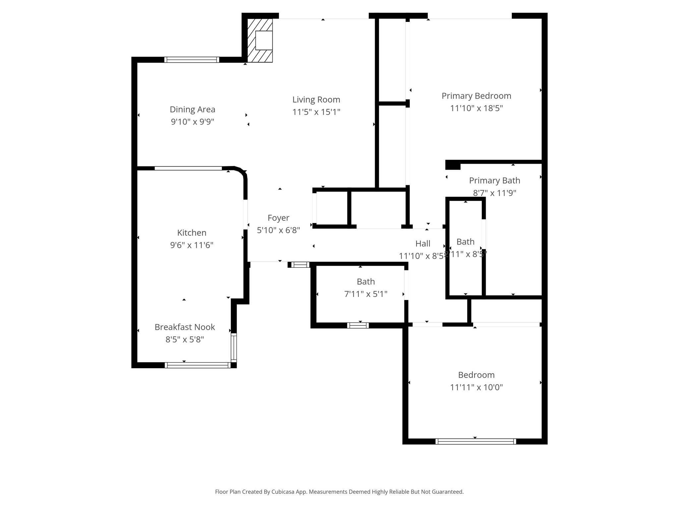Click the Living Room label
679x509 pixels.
click(x=316, y=99)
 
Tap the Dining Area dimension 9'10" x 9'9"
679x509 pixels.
click(x=192, y=122)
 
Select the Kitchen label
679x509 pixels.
click(x=192, y=233)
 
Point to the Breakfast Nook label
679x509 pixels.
click(x=185, y=327)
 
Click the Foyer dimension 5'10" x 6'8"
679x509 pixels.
click(x=278, y=230)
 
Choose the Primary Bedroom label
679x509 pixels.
click(x=476, y=96)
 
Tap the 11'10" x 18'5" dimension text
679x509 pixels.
click(x=476, y=108)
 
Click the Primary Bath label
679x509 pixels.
click(x=494, y=181)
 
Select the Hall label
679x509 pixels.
click(x=423, y=244)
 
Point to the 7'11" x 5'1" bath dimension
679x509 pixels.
click(x=366, y=294)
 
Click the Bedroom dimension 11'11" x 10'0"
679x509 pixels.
click(x=476, y=387)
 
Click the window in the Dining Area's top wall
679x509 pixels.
click(x=192, y=60)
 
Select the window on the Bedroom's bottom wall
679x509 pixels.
click(x=475, y=441)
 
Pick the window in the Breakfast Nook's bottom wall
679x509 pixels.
click(x=198, y=365)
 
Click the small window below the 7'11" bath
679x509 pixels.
click(x=358, y=325)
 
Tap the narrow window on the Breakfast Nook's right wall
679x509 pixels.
click(x=234, y=348)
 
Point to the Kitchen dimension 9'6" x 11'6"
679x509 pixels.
click(x=192, y=245)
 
